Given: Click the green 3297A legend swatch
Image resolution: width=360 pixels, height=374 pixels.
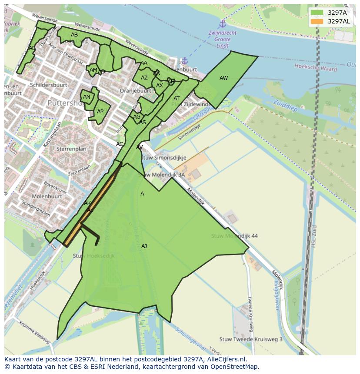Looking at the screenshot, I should pos(317,13).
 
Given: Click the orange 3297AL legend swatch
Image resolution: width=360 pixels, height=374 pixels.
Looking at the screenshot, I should pos(317,21).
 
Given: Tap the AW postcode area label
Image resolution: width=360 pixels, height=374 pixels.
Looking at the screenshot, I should pos(223,78).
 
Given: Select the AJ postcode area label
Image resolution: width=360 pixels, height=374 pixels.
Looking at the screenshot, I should pos(144,246).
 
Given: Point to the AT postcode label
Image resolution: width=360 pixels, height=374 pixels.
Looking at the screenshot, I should pos(177,99).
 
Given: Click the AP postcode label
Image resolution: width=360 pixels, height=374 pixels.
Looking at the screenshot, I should pos(100,112).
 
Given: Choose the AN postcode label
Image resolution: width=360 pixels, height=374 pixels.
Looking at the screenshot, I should pos(87,97).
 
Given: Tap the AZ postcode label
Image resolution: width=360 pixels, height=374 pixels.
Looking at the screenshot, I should pos(144,78).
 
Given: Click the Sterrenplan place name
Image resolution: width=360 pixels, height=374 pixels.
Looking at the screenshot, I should pos(71,149).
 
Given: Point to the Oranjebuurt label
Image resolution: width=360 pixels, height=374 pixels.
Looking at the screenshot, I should pos(135,91).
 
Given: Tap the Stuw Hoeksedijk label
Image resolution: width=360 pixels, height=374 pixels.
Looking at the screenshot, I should pos(93,256).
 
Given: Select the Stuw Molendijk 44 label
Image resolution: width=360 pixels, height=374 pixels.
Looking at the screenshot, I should pos(234,236).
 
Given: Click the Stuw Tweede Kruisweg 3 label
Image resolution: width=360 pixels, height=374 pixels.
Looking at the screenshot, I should pos(251,339).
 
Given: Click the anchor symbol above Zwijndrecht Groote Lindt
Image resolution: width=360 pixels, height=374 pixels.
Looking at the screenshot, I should pos(223,23).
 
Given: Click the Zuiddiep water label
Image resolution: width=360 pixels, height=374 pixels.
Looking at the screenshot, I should pos(285,106).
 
